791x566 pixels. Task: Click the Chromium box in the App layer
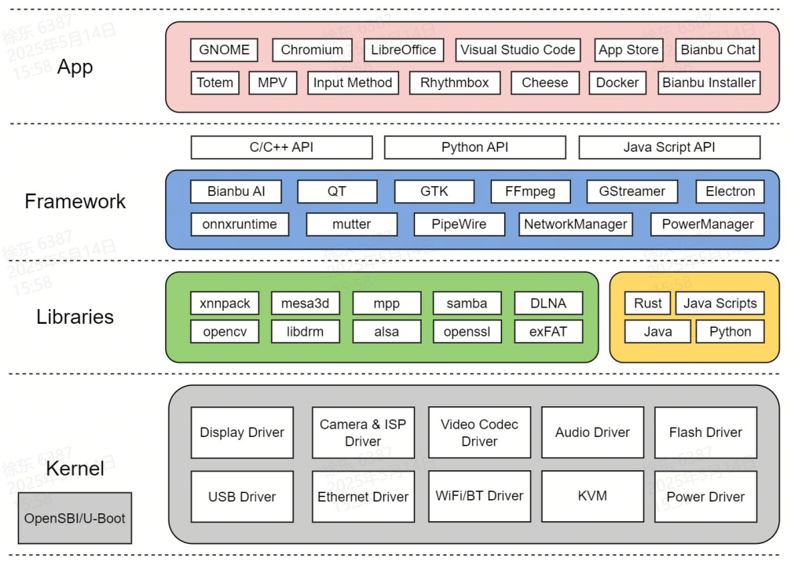click(312, 50)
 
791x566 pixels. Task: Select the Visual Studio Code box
click(518, 50)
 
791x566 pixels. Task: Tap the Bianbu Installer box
click(709, 83)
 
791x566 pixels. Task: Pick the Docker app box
click(617, 83)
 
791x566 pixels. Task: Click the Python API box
click(474, 147)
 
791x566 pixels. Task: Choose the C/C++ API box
click(281, 147)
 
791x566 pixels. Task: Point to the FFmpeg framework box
click(530, 191)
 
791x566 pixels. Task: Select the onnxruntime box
click(240, 224)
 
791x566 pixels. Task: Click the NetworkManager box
click(576, 224)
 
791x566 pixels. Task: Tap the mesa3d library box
click(306, 303)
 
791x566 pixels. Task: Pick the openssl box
click(467, 332)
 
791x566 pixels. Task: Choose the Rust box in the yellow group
click(648, 303)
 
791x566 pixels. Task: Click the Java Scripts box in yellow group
click(720, 303)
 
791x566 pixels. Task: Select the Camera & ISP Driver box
click(363, 432)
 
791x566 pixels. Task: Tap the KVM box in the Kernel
click(592, 496)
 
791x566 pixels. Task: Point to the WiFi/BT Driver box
click(479, 496)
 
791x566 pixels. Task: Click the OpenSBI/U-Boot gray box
click(75, 518)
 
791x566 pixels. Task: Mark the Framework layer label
click(75, 201)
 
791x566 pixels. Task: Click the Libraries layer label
click(75, 317)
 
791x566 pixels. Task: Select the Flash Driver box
click(705, 432)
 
